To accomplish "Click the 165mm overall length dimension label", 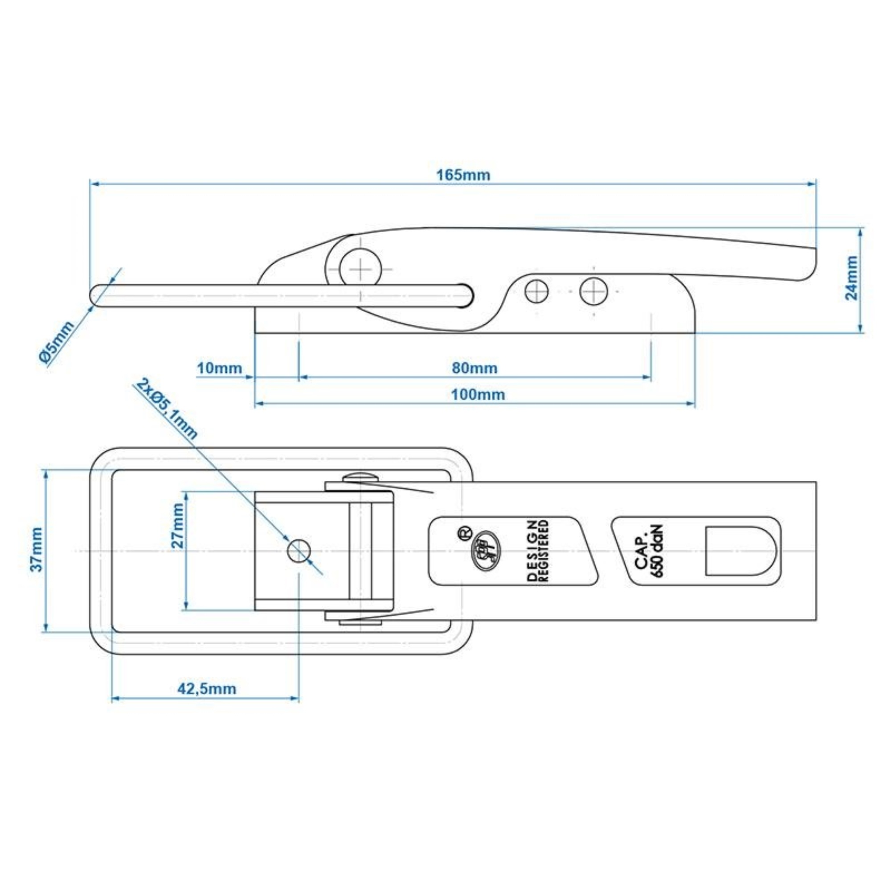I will [463, 175].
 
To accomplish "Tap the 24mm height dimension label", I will [851, 278].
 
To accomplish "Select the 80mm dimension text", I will [474, 368].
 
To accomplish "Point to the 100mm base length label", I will [478, 395].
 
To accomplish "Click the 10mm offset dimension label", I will [220, 368].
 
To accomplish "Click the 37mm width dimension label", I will [37, 549].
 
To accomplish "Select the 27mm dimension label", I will [177, 525].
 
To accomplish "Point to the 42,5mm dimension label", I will [207, 689].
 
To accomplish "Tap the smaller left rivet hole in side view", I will [536, 291].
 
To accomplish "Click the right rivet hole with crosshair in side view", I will [593, 291].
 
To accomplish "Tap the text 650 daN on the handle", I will [658, 551].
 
